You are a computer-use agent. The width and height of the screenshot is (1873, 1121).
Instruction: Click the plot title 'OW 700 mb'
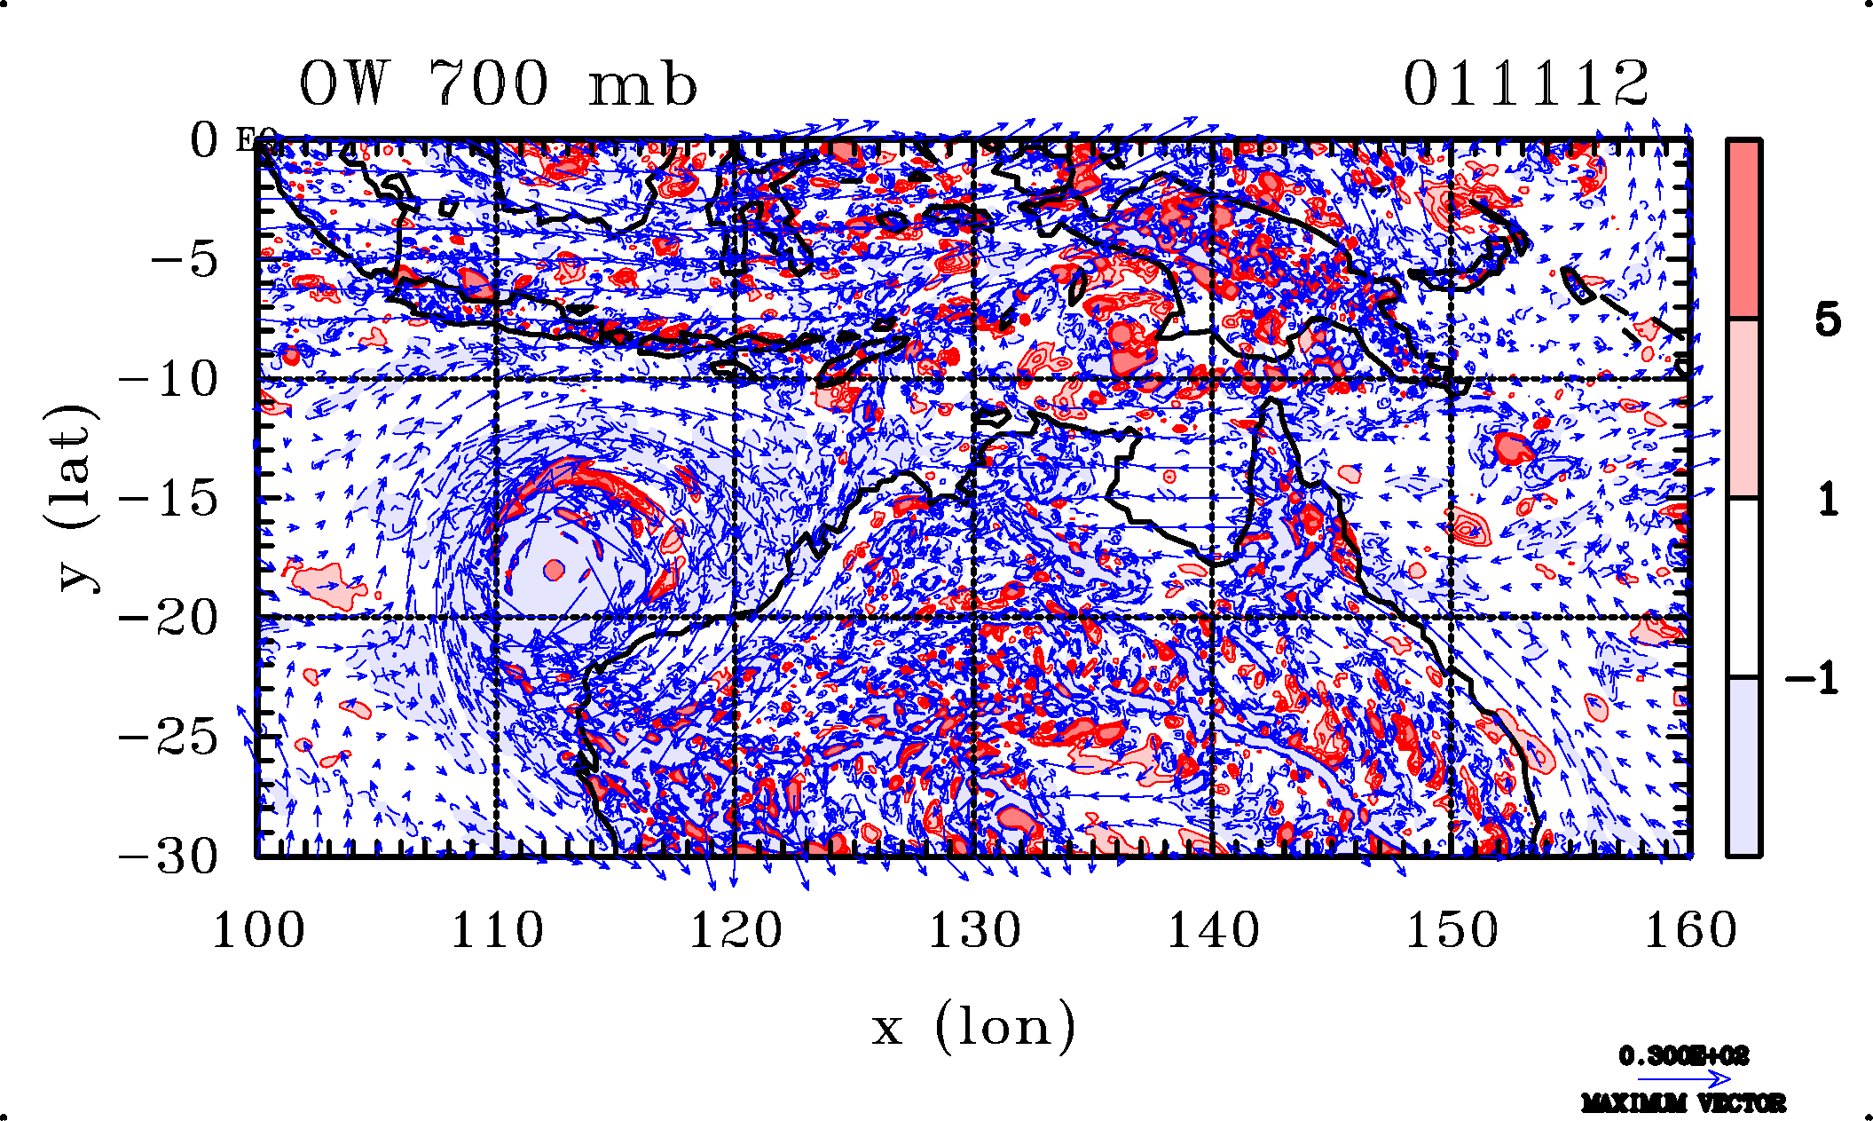coord(498,84)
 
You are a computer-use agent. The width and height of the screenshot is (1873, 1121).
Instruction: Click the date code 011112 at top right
coord(1525,84)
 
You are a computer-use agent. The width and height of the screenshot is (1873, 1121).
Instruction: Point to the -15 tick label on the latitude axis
coord(169,499)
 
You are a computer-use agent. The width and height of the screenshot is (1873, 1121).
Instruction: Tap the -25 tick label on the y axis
coord(169,738)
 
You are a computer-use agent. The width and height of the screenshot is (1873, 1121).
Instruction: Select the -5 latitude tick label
coord(185,260)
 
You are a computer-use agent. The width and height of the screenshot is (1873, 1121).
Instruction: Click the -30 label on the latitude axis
coord(169,857)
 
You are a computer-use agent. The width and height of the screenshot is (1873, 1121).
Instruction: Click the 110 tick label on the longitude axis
coord(497,931)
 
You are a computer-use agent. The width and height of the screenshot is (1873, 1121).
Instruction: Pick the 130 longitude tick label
coord(974,931)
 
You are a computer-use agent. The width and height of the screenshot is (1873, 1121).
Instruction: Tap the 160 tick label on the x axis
coord(1690,931)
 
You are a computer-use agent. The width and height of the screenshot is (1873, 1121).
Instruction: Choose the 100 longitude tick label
coord(258,931)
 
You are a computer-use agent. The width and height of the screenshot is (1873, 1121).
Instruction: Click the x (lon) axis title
coord(973,1027)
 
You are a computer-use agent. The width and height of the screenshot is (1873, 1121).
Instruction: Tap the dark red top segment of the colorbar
coord(1743,228)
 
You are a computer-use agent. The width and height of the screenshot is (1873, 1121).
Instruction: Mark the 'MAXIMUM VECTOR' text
coord(1683,1103)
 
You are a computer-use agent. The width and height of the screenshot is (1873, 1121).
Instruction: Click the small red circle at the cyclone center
coord(555,570)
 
